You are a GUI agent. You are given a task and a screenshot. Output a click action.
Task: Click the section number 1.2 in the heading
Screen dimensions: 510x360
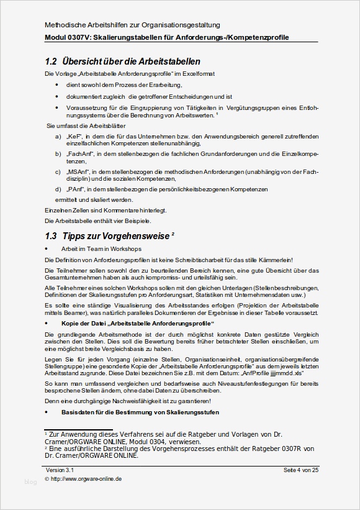(51, 61)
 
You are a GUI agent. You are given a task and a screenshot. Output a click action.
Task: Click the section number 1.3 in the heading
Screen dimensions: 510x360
(51, 236)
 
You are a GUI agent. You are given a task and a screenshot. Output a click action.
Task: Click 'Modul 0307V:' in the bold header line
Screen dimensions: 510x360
(68, 37)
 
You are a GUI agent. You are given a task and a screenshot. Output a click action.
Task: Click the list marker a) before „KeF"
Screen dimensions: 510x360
(58, 135)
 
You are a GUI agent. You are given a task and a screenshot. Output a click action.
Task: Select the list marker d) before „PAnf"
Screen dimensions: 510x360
(58, 189)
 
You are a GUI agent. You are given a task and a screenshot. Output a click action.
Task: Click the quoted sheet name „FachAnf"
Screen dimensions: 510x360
(79, 153)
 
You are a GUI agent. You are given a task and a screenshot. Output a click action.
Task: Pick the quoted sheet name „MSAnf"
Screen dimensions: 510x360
(78, 171)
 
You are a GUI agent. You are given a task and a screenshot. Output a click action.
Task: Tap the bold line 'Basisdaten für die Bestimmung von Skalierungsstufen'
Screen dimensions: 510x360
(140, 412)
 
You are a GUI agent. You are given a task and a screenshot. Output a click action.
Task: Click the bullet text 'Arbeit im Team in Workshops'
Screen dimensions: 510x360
(101, 248)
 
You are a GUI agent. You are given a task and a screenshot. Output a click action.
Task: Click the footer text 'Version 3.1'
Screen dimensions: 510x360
(60, 470)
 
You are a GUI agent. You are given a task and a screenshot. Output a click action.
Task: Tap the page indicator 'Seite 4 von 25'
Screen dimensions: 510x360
(300, 470)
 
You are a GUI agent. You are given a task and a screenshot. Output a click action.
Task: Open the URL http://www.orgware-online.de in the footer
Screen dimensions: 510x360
(86, 479)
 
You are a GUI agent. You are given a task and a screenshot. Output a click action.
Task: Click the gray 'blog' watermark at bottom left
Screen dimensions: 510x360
(30, 481)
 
